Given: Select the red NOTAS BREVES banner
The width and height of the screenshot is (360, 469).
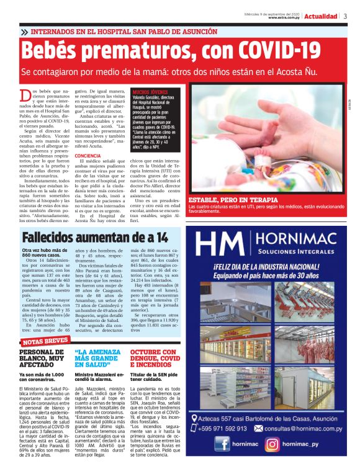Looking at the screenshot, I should pos(45,341).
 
